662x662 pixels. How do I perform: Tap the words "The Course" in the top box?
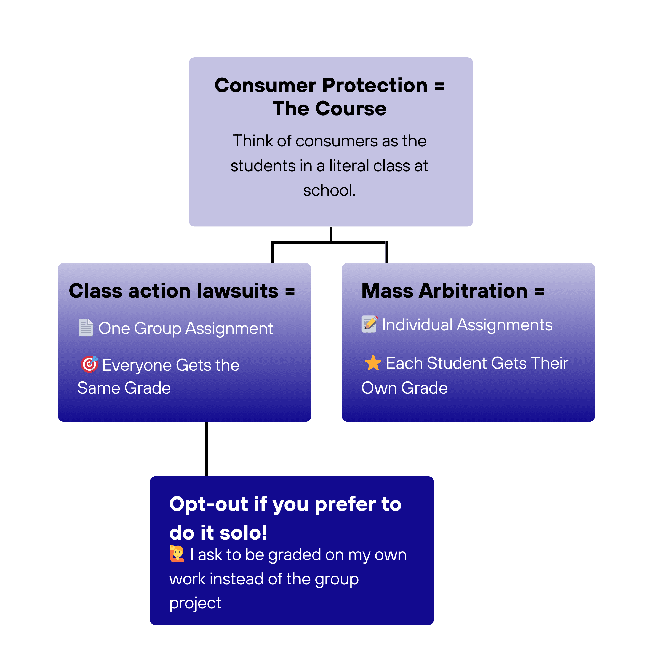[329, 109]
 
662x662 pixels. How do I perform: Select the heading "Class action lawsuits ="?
[181, 291]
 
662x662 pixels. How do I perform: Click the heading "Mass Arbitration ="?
[452, 291]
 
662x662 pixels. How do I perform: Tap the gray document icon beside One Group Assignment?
[86, 328]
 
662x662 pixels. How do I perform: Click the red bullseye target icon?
[89, 364]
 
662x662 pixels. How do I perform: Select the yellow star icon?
[373, 363]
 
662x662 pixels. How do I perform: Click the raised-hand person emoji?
[177, 554]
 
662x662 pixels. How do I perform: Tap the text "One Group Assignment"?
[186, 328]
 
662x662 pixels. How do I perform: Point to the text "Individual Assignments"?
[467, 325]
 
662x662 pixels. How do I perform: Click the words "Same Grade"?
[124, 388]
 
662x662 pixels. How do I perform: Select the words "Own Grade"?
[404, 388]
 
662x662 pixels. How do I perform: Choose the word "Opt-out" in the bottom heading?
[209, 504]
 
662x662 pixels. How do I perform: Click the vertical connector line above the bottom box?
[207, 449]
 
